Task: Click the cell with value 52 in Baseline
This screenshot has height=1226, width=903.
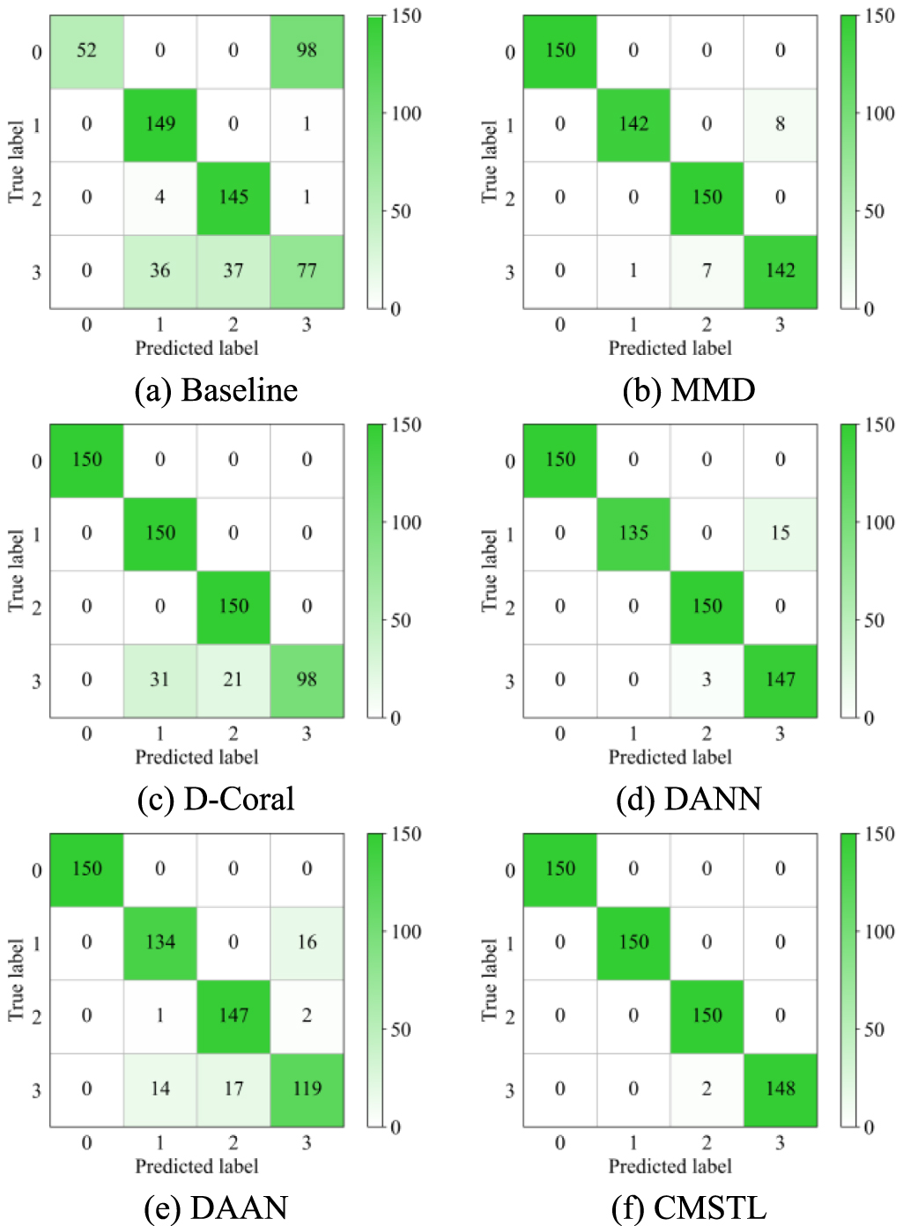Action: coord(86,51)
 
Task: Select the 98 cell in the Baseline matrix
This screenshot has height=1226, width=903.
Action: coord(307,51)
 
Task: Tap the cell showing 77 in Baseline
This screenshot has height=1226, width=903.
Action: coord(307,270)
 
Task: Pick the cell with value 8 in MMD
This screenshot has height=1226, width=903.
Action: coord(780,124)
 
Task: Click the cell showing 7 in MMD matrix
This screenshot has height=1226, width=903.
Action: coord(707,270)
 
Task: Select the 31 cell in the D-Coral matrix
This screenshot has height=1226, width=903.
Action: coord(159,680)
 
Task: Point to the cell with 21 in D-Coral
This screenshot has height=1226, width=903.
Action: coord(233,680)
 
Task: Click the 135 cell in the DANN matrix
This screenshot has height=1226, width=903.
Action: coord(633,533)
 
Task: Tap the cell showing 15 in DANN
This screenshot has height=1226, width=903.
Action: coord(780,533)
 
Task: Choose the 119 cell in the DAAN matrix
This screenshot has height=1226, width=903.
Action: coord(307,1089)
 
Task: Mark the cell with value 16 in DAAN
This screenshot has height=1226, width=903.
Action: coord(307,942)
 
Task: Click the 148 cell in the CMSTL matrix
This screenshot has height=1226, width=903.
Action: coord(780,1089)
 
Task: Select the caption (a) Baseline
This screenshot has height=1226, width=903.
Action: coord(216,390)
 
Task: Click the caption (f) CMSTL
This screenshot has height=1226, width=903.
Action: coord(689,1208)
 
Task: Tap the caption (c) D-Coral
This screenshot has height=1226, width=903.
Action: coord(216,799)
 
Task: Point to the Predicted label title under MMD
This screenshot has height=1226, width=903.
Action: coord(670,348)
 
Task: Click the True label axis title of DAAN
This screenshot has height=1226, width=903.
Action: coord(16,979)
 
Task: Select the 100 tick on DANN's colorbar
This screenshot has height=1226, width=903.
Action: coord(879,522)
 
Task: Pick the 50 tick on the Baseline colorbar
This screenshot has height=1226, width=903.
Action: coord(401,211)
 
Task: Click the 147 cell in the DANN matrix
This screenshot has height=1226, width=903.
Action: coord(780,680)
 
